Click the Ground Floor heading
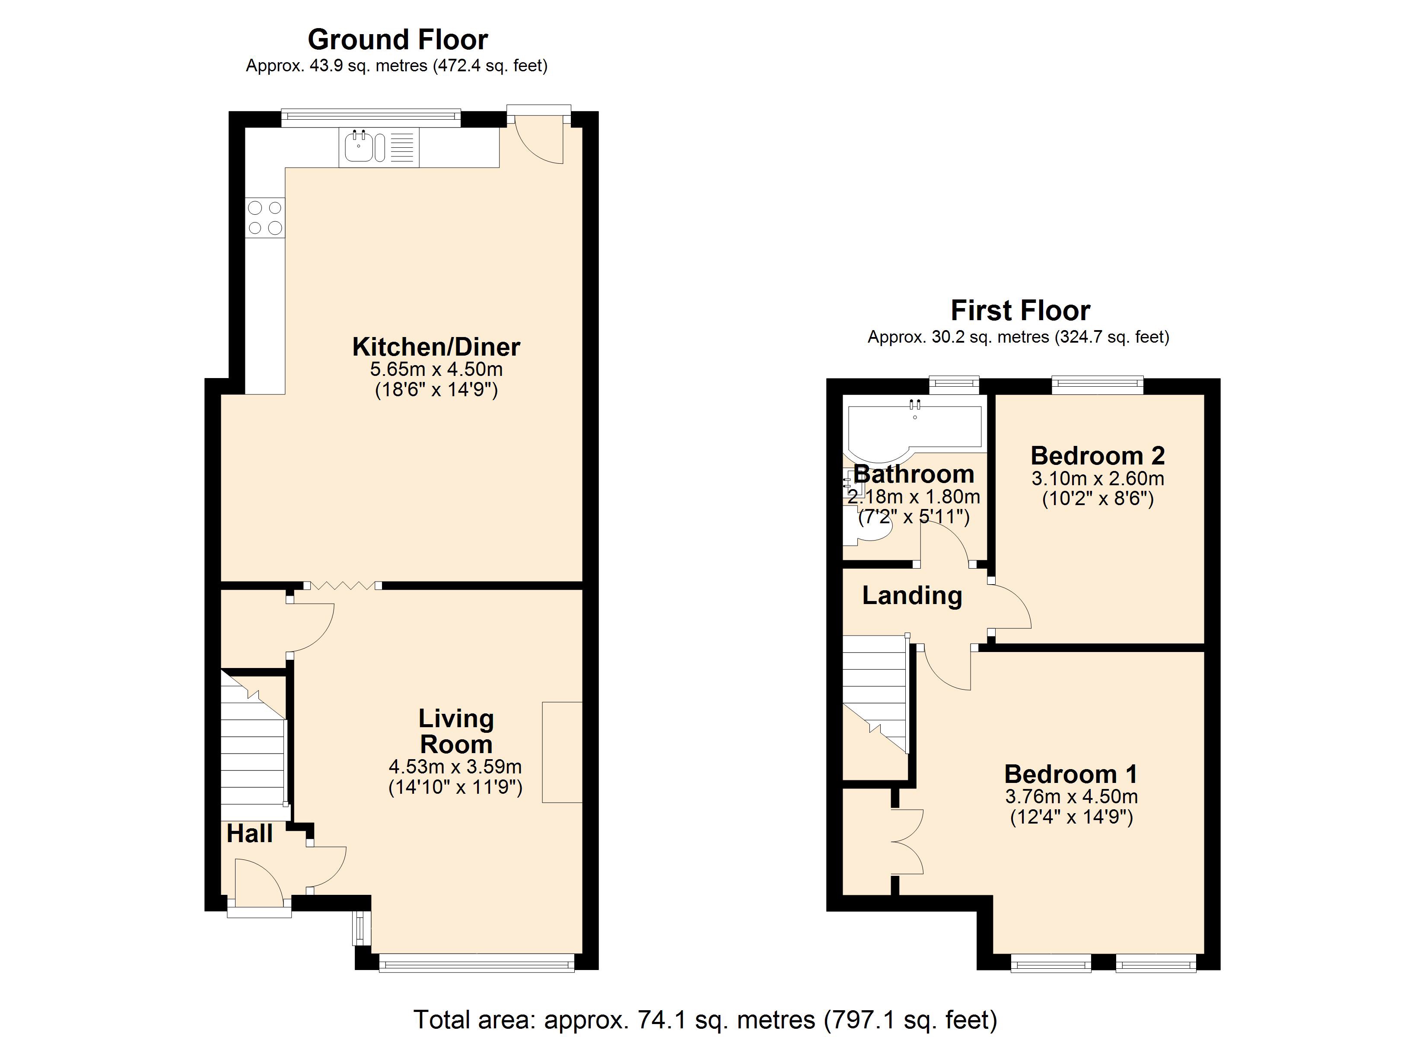(x=398, y=40)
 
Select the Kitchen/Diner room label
(x=436, y=347)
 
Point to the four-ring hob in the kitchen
(x=265, y=217)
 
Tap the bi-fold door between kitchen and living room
(x=342, y=585)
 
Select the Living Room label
(x=456, y=732)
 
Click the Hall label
(x=250, y=834)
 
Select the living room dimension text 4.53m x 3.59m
(x=455, y=767)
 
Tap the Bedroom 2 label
(x=1098, y=455)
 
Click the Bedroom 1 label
(x=1071, y=774)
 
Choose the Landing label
(x=912, y=595)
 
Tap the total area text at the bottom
(x=705, y=1019)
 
